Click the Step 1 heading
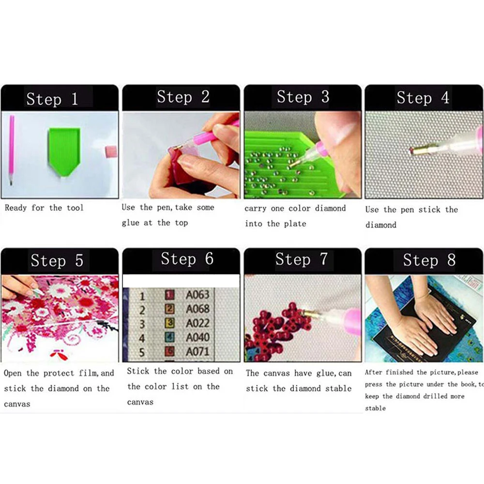tap(52, 99)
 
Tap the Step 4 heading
tap(423, 98)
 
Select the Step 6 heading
tap(187, 258)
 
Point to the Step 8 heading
tap(429, 260)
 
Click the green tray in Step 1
tap(64, 151)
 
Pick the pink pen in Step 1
tap(12, 150)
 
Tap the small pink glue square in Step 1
tap(111, 151)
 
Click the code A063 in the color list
tap(197, 295)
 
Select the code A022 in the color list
tap(197, 323)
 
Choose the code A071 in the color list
tap(197, 351)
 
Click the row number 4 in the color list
tap(142, 338)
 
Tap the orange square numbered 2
tap(169, 309)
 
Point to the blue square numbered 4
tap(169, 337)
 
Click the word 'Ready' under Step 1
tap(16, 208)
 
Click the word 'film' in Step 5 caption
tap(88, 373)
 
